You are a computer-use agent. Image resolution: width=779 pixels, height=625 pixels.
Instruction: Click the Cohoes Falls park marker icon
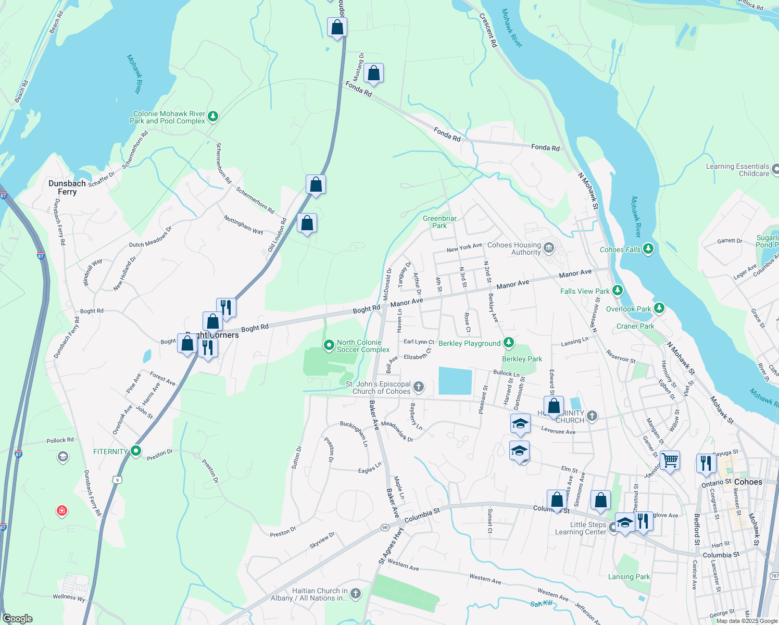coord(648,249)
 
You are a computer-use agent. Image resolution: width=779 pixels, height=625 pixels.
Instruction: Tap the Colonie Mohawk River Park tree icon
coord(212,117)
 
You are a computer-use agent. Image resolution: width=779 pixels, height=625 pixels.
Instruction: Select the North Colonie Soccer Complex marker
coord(329,345)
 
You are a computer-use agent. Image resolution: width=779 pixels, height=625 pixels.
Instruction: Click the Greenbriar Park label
coord(439,222)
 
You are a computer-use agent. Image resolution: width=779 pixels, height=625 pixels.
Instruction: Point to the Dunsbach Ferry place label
coord(67,187)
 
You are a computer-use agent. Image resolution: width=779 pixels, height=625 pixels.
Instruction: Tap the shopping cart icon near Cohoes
coord(670,460)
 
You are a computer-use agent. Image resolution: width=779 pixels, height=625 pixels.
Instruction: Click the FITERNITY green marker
coord(136,451)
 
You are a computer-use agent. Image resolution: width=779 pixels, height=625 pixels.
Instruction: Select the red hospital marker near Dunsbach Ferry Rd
coord(62,510)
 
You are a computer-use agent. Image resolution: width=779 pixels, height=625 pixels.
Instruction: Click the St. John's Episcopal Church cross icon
coord(419,387)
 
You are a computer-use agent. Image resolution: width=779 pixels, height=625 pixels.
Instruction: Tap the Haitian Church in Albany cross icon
coord(356,594)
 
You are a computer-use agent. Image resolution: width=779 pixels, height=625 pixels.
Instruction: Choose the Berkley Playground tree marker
coord(509,343)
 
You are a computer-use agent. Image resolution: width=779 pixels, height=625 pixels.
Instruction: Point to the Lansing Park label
coord(629,577)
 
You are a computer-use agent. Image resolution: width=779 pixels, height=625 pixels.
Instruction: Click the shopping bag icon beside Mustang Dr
coord(373,74)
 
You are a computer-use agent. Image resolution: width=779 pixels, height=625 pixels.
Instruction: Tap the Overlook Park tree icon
coord(659,308)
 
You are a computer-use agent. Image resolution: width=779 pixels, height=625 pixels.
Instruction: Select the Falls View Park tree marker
coord(617,290)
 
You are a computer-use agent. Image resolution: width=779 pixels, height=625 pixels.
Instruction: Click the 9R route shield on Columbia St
coord(385,527)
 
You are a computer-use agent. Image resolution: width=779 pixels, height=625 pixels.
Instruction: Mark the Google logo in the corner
coord(18,618)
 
